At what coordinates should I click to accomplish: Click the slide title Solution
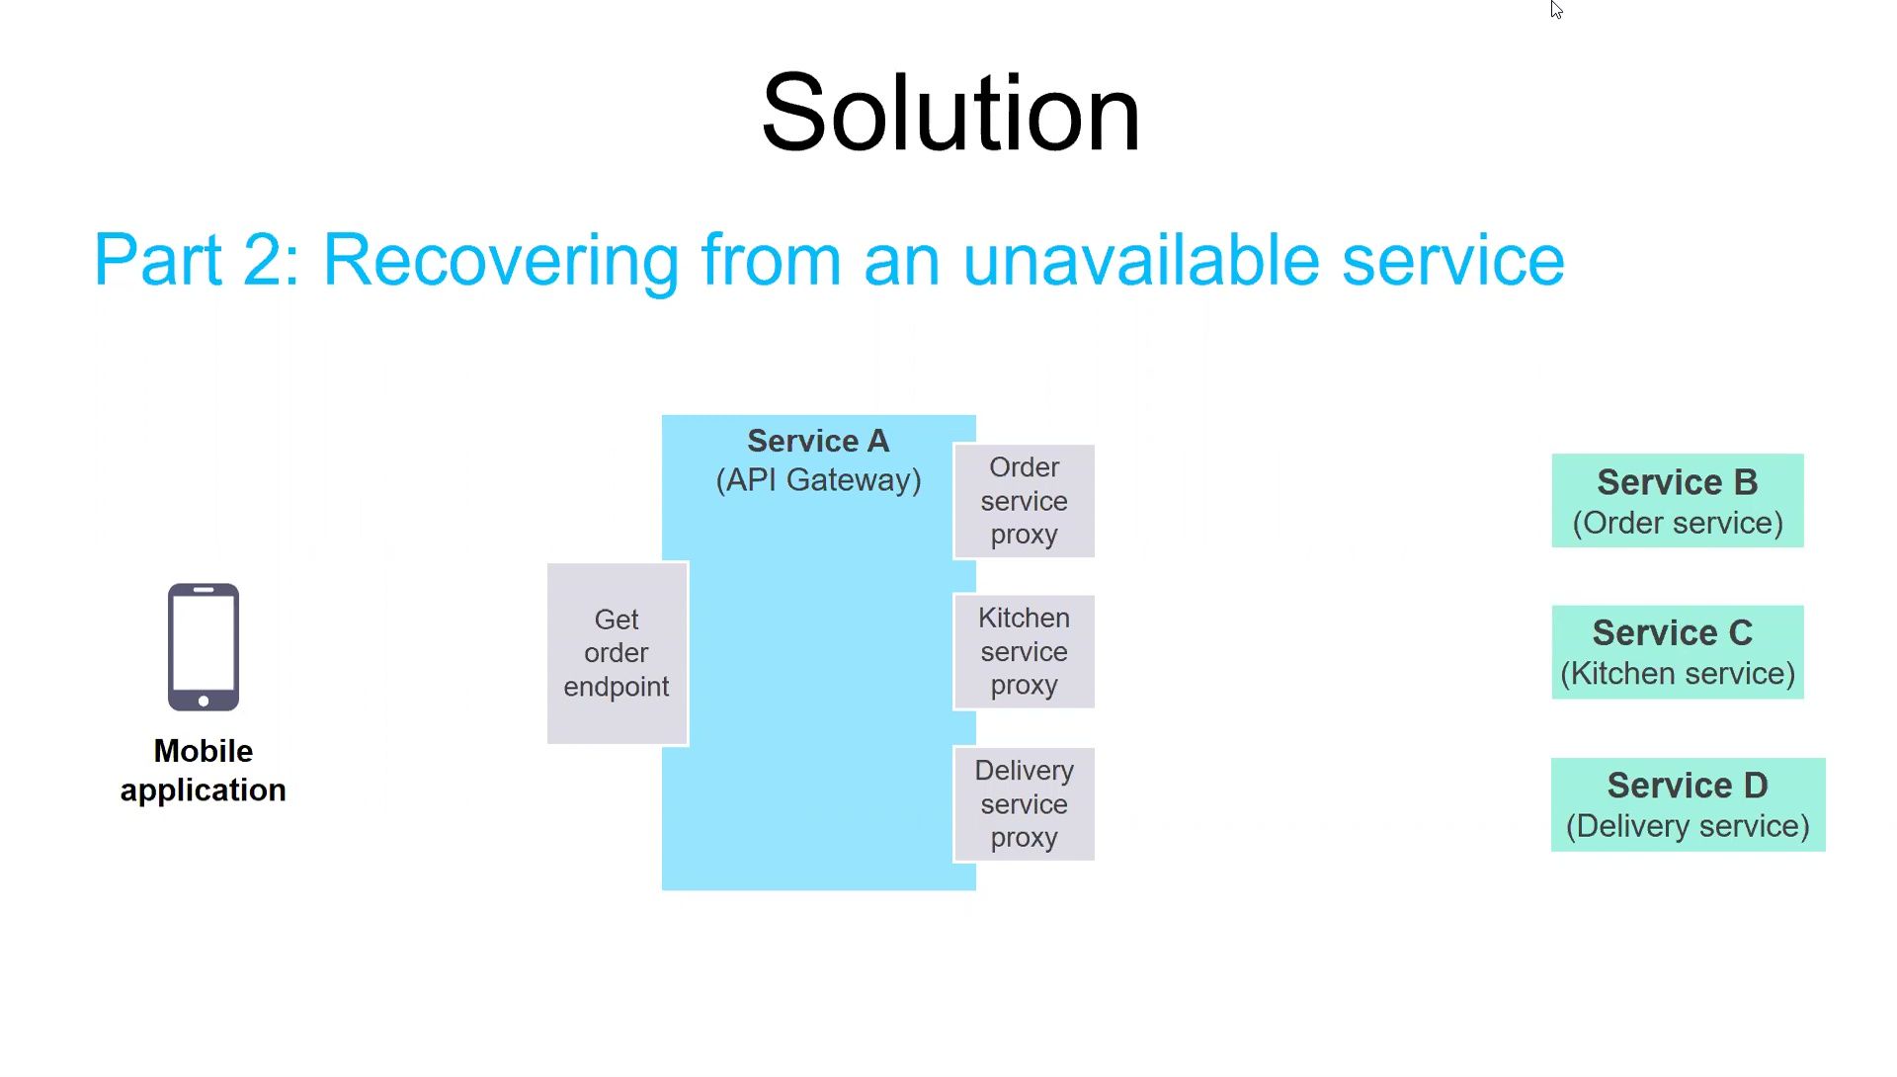click(950, 113)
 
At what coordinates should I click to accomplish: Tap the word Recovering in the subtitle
click(501, 261)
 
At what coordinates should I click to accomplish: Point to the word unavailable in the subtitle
click(1141, 259)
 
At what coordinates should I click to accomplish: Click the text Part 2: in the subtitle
click(197, 259)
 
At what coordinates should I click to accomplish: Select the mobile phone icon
click(204, 647)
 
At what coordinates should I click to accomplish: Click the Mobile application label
click(204, 771)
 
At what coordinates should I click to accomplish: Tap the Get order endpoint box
click(618, 653)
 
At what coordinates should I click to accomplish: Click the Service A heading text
click(818, 441)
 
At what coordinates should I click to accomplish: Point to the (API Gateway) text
click(818, 480)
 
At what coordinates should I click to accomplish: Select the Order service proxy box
click(1025, 501)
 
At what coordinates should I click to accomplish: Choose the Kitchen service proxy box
click(1025, 651)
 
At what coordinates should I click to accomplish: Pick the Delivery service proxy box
click(1025, 804)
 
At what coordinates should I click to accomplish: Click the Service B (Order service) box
click(1678, 501)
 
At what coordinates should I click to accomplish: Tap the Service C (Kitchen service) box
click(1678, 652)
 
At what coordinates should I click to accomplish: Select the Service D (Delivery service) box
click(1689, 804)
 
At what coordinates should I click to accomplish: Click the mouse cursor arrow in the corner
click(1556, 10)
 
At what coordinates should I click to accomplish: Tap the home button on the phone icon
click(204, 701)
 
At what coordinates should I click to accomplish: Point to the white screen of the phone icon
click(204, 643)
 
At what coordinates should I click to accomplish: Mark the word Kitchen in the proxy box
click(1025, 618)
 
